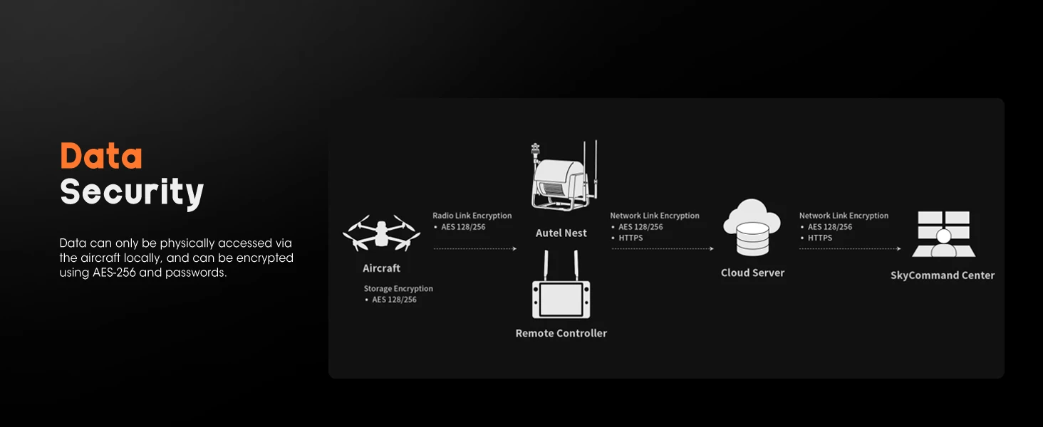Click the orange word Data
click(x=101, y=156)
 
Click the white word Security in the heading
click(x=133, y=192)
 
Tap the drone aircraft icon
click(x=381, y=233)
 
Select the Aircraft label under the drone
click(x=381, y=268)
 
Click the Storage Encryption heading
click(x=398, y=288)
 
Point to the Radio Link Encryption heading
click(x=472, y=216)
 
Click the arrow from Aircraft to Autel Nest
click(x=475, y=249)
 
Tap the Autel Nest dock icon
click(x=564, y=175)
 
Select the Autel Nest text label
click(x=561, y=233)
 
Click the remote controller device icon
click(x=561, y=285)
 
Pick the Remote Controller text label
click(x=561, y=333)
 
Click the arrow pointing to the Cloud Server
click(x=663, y=249)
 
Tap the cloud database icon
click(x=752, y=228)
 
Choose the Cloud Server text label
click(x=752, y=273)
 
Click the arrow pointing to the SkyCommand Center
click(x=850, y=249)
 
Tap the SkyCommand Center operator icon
click(x=944, y=234)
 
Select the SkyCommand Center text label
click(x=943, y=275)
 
